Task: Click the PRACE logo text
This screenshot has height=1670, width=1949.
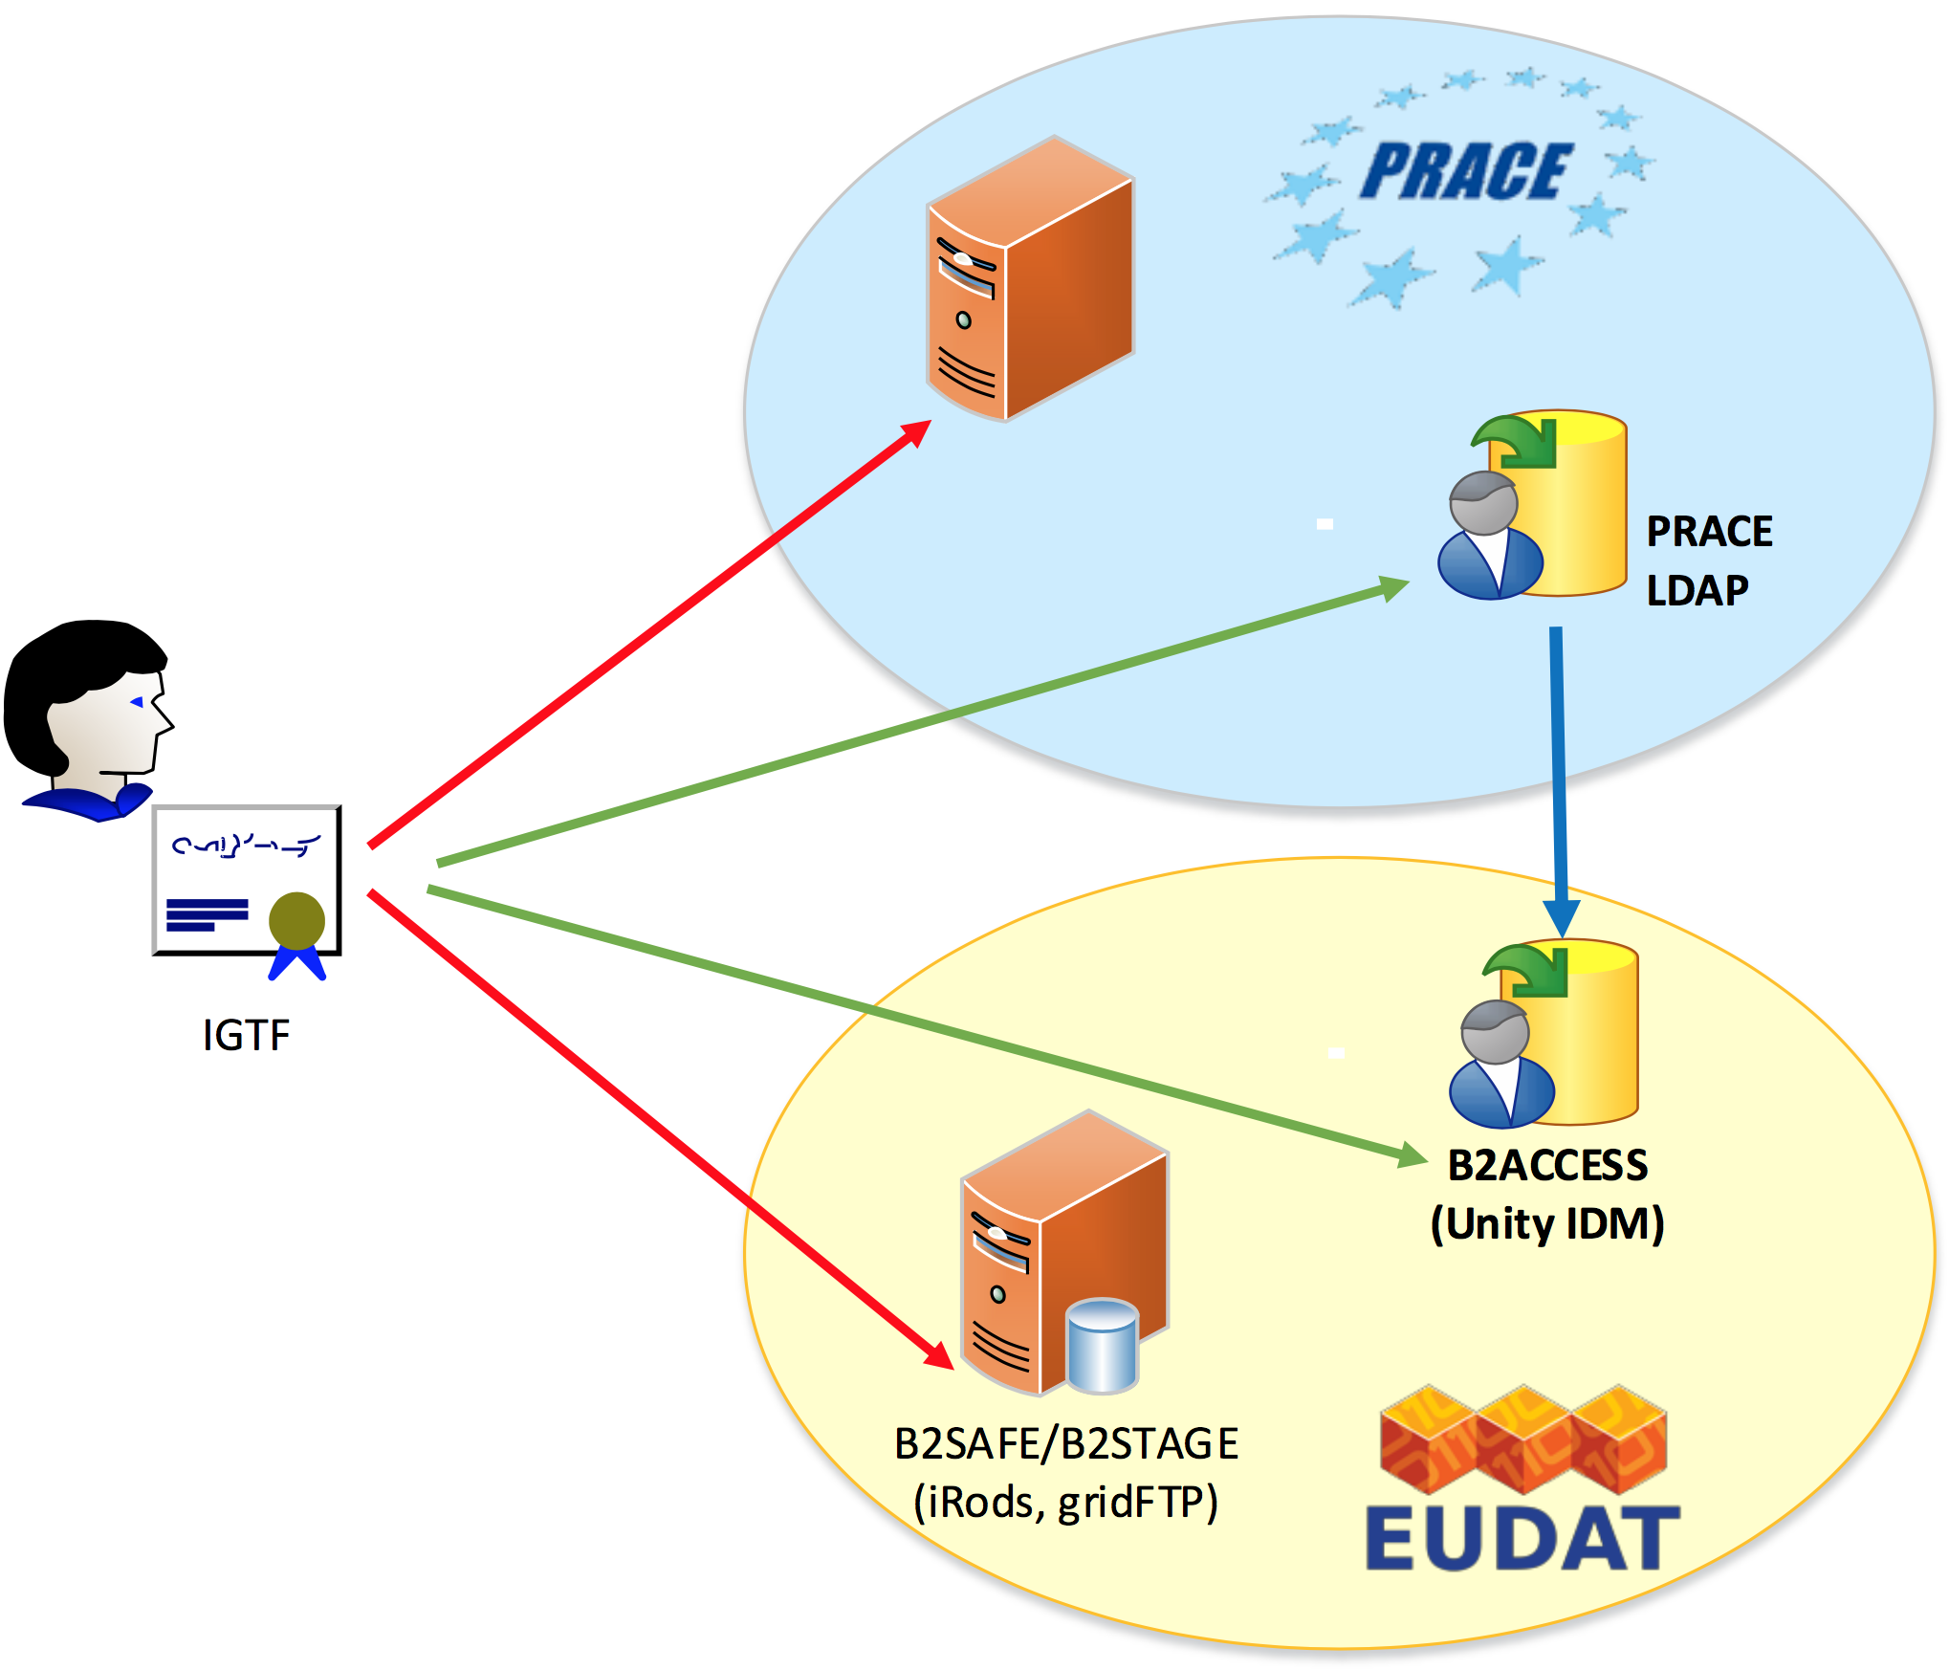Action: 1465,172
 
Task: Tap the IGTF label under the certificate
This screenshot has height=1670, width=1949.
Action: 246,1035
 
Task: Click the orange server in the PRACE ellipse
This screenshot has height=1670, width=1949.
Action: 1030,279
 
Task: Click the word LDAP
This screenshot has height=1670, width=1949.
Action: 1697,591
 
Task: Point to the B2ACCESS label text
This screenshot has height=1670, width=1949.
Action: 1547,1166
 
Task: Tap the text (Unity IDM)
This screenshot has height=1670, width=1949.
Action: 1547,1224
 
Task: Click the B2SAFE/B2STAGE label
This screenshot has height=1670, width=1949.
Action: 1066,1444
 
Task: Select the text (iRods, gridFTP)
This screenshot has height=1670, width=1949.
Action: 1066,1502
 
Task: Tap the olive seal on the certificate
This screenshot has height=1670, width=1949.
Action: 296,920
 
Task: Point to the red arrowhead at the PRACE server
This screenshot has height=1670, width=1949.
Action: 917,433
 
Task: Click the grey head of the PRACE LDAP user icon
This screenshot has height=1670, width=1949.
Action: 1483,502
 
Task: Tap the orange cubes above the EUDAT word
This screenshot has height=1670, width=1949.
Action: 1523,1439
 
